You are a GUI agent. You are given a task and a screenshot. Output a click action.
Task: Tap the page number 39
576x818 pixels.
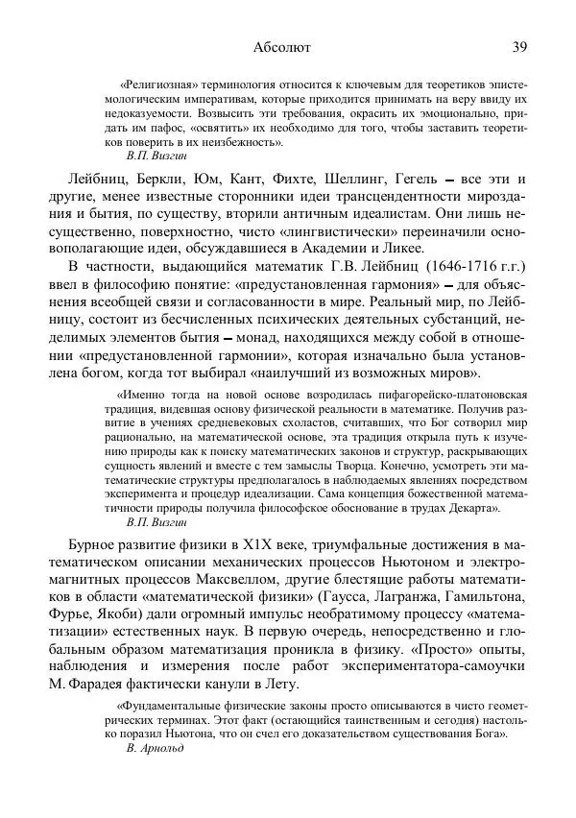[519, 46]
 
